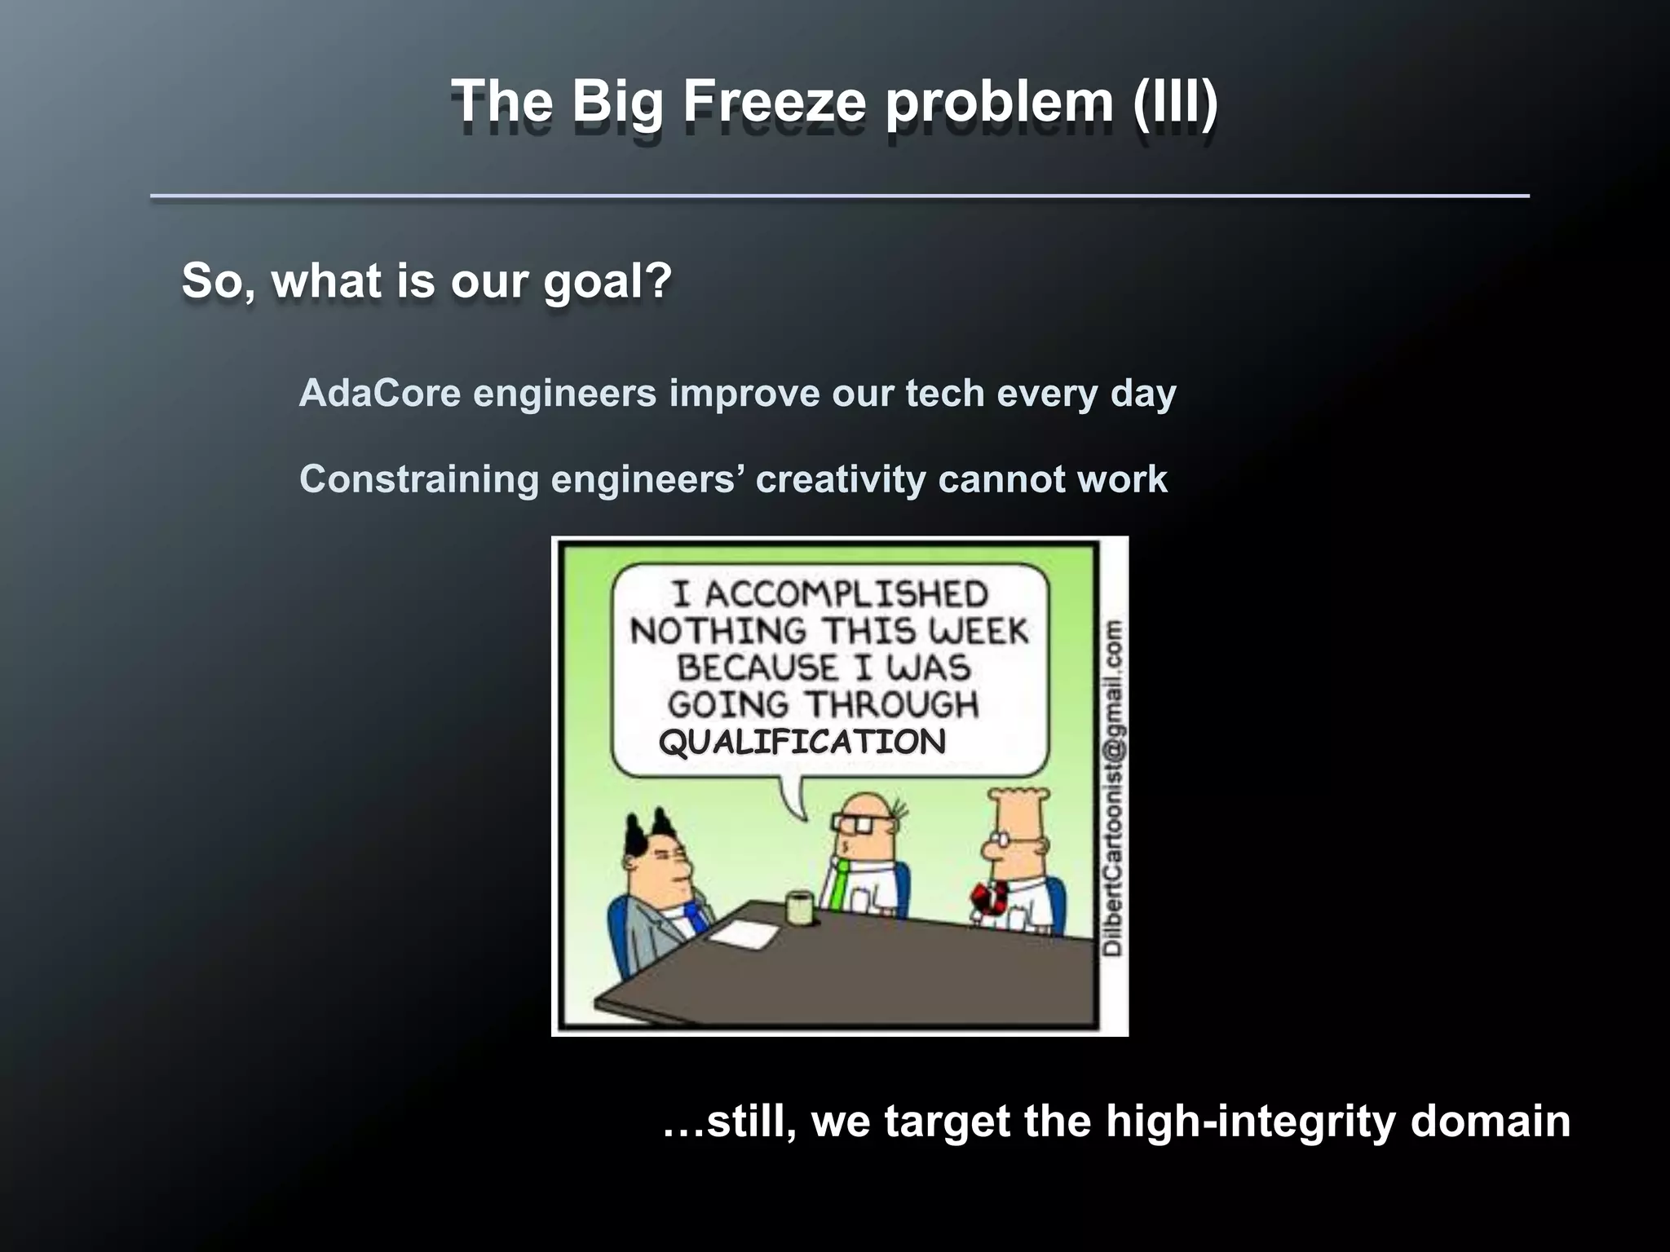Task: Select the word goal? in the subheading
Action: point(607,281)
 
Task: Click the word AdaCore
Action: point(380,394)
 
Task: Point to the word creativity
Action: point(840,479)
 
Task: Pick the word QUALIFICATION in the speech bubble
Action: point(802,742)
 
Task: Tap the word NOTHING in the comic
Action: point(718,632)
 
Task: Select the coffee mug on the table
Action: point(797,906)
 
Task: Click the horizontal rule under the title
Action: point(839,196)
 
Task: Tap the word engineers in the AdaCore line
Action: point(564,394)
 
